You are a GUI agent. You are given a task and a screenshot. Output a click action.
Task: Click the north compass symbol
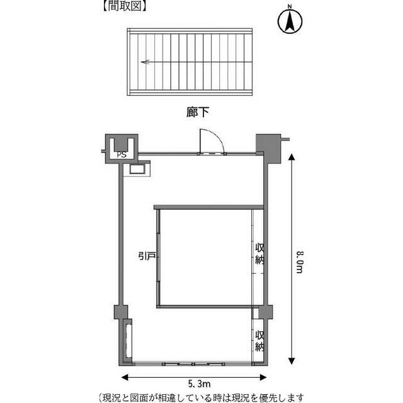[290, 21]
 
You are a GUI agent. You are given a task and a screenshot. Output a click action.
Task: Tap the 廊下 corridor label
[197, 112]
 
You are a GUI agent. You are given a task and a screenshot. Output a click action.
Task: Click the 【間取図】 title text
[125, 6]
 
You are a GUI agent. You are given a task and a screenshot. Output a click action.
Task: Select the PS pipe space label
[122, 154]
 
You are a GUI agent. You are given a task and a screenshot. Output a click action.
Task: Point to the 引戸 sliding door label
[147, 256]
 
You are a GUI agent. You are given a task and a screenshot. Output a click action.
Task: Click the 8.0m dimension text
[300, 262]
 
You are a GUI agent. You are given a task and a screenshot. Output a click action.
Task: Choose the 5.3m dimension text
[200, 384]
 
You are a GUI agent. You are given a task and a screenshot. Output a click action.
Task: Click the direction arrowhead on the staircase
[145, 62]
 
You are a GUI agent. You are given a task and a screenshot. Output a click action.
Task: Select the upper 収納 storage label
[259, 254]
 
